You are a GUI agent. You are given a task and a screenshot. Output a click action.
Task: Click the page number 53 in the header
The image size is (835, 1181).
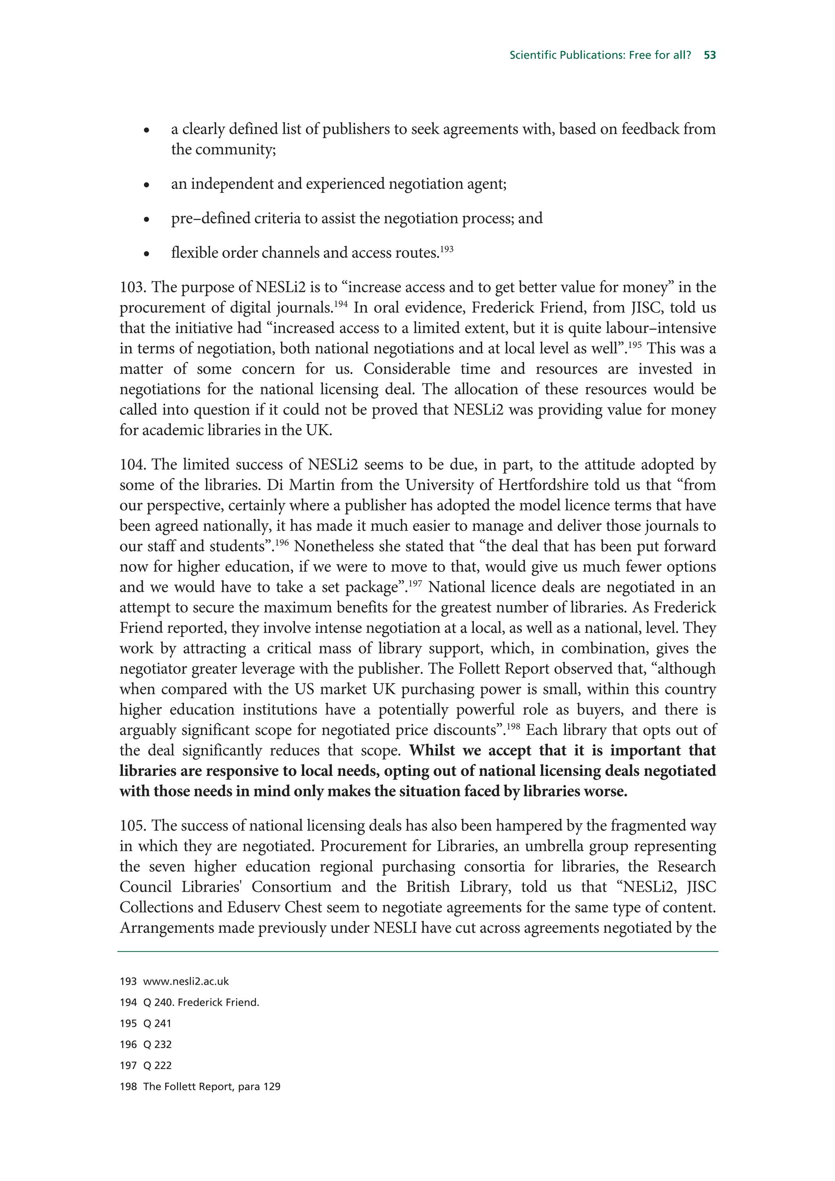point(709,55)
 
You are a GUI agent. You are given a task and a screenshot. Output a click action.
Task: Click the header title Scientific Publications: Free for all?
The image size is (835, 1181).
point(600,55)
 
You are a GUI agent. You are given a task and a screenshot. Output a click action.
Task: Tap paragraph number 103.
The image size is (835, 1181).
point(132,287)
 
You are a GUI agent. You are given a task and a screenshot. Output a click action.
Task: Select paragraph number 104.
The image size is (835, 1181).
point(132,465)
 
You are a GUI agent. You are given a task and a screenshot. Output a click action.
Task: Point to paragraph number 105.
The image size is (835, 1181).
point(132,825)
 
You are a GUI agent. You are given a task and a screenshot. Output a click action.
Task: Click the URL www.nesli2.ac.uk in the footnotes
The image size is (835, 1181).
point(186,981)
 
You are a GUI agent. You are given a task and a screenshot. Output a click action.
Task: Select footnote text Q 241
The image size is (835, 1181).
point(157,1023)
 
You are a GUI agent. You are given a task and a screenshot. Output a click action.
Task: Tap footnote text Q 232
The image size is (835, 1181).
point(157,1044)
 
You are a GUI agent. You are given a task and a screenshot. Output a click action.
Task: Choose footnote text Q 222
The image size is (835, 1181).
point(157,1065)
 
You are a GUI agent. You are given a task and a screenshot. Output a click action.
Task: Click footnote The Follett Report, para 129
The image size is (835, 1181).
point(212,1086)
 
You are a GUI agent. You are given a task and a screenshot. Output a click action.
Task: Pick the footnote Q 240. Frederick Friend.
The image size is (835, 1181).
point(201,1002)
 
